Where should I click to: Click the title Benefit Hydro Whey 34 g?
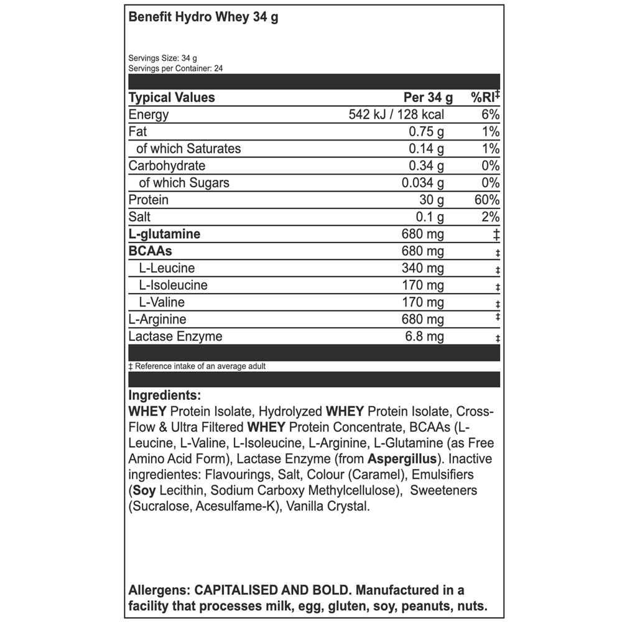point(203,17)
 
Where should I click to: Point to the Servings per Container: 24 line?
point(175,68)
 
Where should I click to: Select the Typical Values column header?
point(171,98)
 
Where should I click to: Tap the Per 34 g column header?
point(429,98)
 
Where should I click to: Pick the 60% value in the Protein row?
point(486,200)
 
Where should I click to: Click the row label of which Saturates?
point(188,149)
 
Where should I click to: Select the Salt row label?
point(139,217)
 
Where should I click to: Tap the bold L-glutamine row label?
point(164,234)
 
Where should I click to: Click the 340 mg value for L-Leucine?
point(424,268)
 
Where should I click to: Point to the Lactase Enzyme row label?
point(175,337)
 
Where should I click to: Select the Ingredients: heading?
point(164,395)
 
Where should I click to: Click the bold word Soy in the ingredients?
point(144,491)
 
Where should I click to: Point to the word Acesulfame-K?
point(236,507)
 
